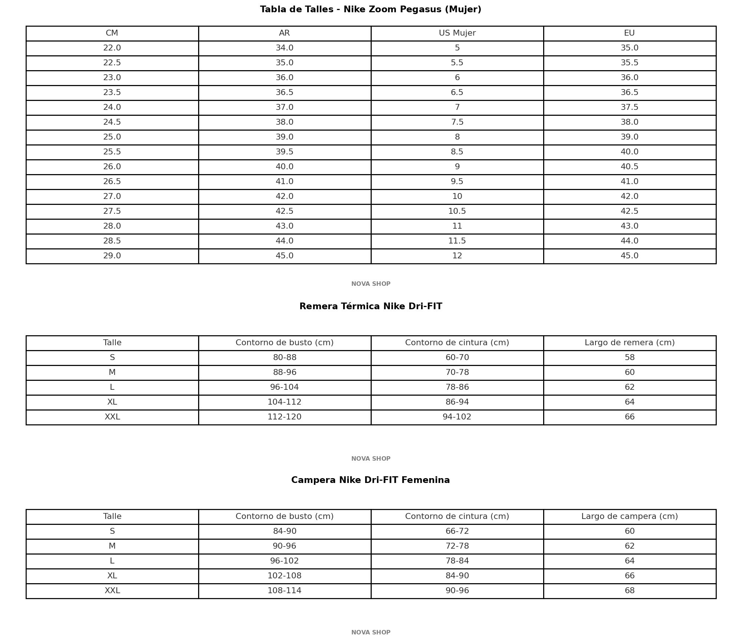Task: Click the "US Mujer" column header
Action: tap(457, 33)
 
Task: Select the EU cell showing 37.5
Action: tap(630, 108)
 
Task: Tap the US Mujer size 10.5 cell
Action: tap(457, 212)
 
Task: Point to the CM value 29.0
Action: tap(112, 256)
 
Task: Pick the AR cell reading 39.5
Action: tap(285, 152)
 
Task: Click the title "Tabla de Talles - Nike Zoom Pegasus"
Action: tap(371, 10)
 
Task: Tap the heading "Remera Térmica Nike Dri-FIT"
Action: tap(371, 307)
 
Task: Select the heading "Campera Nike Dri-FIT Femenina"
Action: tap(371, 480)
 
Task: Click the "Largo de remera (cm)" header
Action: tap(630, 343)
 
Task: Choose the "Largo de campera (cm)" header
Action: tap(630, 517)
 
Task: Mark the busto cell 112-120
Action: tap(285, 417)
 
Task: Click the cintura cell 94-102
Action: tap(457, 417)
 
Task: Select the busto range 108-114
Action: tap(285, 591)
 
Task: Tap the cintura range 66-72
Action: tap(457, 532)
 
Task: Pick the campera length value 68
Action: tap(630, 591)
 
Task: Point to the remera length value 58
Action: tap(630, 358)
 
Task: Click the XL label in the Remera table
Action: tap(112, 402)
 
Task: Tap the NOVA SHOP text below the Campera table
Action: tap(371, 633)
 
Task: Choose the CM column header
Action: tap(112, 33)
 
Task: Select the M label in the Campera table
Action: tap(112, 546)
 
